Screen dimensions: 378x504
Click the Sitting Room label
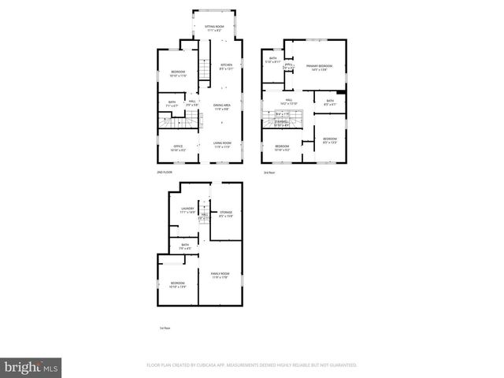215,28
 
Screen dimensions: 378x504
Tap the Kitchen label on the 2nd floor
226,66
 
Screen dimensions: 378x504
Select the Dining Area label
221,106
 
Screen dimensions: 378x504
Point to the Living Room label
221,144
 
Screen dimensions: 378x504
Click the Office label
178,148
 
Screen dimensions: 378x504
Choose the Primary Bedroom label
319,68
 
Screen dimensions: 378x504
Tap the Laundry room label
187,210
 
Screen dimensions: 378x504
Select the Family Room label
219,275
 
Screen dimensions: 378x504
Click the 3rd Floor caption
269,172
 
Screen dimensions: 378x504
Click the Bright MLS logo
31,366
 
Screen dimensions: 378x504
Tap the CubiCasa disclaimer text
252,365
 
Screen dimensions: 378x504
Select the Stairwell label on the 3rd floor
280,124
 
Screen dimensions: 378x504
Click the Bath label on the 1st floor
185,246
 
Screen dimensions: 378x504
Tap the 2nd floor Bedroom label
178,74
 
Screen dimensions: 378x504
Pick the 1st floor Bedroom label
177,284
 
